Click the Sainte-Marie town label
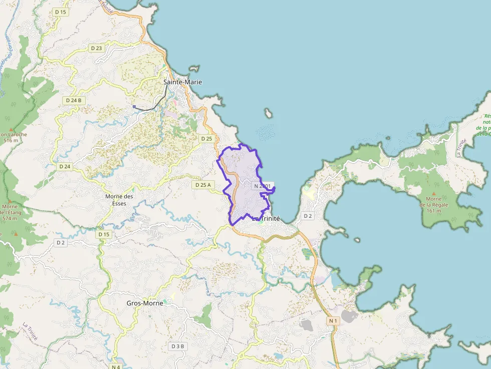182,82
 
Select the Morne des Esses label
119,200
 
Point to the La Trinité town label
266,219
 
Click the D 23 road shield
97,48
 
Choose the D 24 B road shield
74,100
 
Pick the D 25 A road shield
203,185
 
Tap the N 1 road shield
334,320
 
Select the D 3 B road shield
178,346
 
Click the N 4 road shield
116,366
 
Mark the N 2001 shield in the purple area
263,186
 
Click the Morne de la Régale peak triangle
434,193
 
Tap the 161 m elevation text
434,211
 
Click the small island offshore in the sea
269,114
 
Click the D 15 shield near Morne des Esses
104,234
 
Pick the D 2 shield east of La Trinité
308,216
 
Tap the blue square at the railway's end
134,107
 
